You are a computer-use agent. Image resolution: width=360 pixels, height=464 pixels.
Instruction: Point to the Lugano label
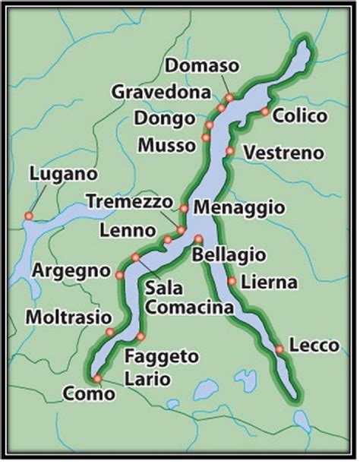pyautogui.click(x=63, y=174)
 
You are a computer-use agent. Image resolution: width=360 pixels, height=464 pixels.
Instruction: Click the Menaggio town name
pyautogui.click(x=239, y=207)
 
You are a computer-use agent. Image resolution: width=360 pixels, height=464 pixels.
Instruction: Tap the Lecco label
pyautogui.click(x=314, y=346)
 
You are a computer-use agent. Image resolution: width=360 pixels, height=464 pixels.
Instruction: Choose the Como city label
pyautogui.click(x=90, y=394)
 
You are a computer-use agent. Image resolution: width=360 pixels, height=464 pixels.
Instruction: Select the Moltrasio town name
pyautogui.click(x=62, y=316)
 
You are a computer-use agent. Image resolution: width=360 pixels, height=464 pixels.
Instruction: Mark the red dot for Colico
pyautogui.click(x=264, y=112)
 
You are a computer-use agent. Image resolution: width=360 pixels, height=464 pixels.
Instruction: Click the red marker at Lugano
pyautogui.click(x=28, y=216)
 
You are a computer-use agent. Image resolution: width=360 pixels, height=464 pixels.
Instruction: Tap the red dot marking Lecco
pyautogui.click(x=279, y=349)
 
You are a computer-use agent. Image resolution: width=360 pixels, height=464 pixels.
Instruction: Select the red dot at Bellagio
pyautogui.click(x=198, y=238)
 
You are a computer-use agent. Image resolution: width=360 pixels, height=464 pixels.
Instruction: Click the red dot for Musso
pyautogui.click(x=205, y=137)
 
